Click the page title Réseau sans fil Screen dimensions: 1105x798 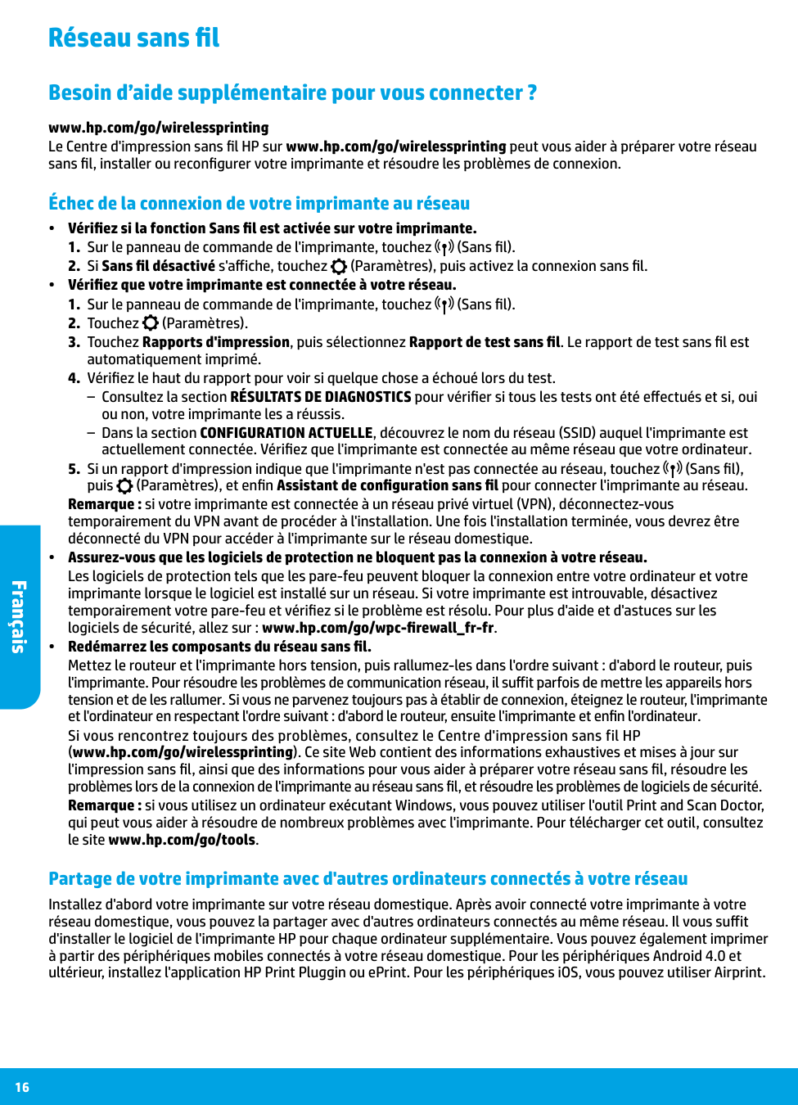[133, 38]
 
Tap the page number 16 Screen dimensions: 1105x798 [22, 1087]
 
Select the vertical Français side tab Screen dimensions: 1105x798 [19, 616]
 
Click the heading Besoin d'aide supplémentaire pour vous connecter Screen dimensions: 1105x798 [292, 92]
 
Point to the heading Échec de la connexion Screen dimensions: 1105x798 [259, 203]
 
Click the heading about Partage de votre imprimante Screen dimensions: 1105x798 [367, 878]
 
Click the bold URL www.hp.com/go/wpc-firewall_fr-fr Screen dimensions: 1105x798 [378, 628]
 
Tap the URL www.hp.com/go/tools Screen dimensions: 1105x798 [182, 840]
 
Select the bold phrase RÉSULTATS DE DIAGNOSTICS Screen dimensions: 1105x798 [320, 397]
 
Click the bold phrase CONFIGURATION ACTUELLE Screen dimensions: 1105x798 [286, 433]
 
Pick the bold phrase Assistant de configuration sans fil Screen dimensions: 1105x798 [387, 485]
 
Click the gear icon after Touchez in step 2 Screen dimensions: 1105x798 [151, 323]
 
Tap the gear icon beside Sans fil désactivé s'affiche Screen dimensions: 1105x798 [339, 266]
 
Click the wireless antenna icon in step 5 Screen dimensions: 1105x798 [672, 469]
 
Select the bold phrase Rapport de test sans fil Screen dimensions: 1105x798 [485, 342]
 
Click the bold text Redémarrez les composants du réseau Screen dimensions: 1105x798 [219, 647]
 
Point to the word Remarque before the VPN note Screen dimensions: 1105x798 [104, 504]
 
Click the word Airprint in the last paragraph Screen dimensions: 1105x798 [737, 972]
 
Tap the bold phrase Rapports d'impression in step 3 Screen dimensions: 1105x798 [216, 342]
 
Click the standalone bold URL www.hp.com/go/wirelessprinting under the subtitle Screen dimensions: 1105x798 [158, 128]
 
